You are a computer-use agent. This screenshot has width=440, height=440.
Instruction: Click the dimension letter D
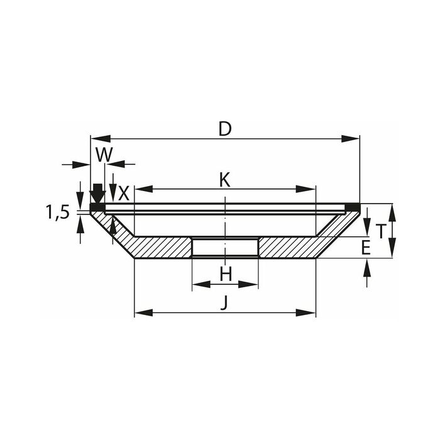pos(225,129)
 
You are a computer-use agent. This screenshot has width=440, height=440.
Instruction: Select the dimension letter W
pos(104,155)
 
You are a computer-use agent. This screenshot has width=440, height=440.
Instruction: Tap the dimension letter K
pos(224,180)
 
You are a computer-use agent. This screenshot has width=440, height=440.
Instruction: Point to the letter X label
pos(124,194)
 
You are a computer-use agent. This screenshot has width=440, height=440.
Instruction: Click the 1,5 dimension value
pos(57,212)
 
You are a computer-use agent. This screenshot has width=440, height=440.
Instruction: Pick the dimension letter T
pos(381,231)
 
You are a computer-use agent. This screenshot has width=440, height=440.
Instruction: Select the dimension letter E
pos(366,248)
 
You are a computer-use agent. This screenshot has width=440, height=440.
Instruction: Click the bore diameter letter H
pos(226,274)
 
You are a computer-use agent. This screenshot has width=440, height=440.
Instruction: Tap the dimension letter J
pos(223,304)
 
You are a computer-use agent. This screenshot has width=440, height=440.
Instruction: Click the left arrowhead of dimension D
pos(101,139)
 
